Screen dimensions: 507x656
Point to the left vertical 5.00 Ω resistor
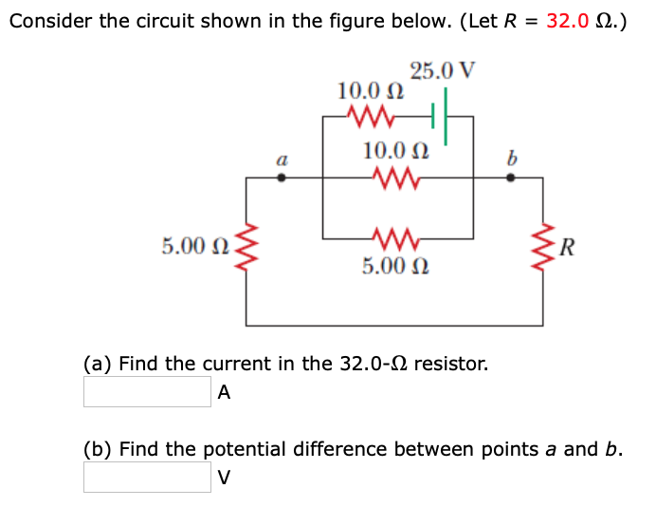point(248,249)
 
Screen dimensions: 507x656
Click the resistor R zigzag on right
point(543,249)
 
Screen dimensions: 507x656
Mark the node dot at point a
point(281,178)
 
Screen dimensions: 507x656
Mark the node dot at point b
point(511,178)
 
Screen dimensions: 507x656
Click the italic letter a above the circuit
point(281,160)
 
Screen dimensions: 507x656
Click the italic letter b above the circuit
point(511,158)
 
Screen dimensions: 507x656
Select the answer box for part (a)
point(147,391)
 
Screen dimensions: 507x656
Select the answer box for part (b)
point(147,477)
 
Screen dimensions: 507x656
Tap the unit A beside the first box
point(224,391)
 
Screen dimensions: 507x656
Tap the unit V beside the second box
point(224,477)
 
